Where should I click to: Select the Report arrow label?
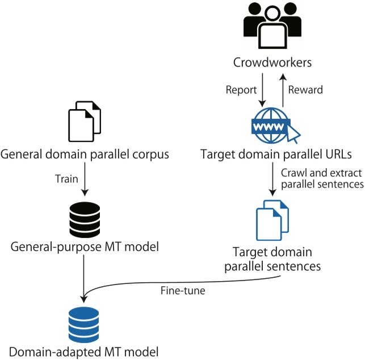point(241,90)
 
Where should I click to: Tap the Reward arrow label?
point(305,90)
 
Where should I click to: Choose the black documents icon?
point(84,121)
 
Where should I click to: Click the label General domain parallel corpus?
point(85,154)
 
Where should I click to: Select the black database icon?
point(84,220)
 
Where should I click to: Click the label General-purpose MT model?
point(84,248)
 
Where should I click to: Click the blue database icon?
point(84,323)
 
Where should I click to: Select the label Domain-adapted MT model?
point(84,350)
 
